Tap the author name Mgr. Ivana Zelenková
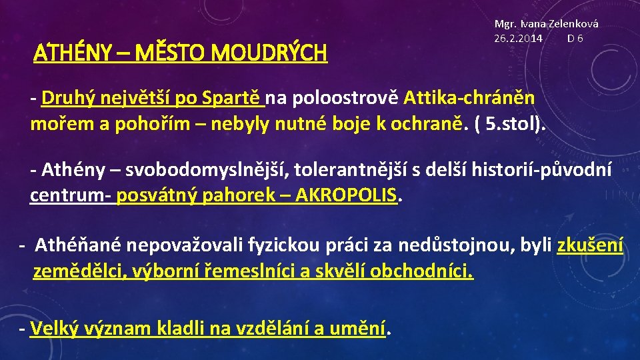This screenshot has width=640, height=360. point(546,23)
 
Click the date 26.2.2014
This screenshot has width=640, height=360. point(518,38)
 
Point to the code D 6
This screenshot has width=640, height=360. point(575,38)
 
